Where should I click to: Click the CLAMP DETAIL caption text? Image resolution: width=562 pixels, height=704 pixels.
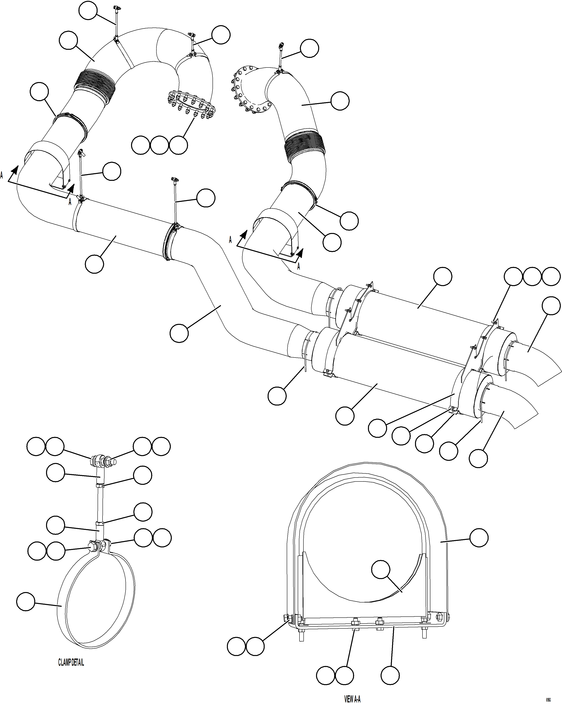click(71, 662)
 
